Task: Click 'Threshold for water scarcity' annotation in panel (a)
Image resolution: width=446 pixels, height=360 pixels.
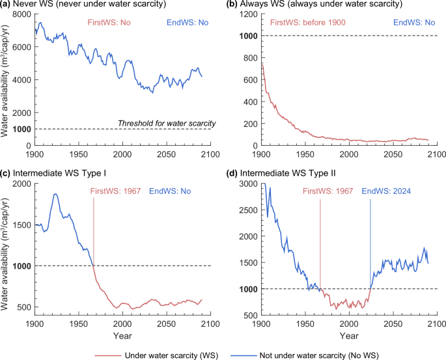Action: click(x=167, y=123)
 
